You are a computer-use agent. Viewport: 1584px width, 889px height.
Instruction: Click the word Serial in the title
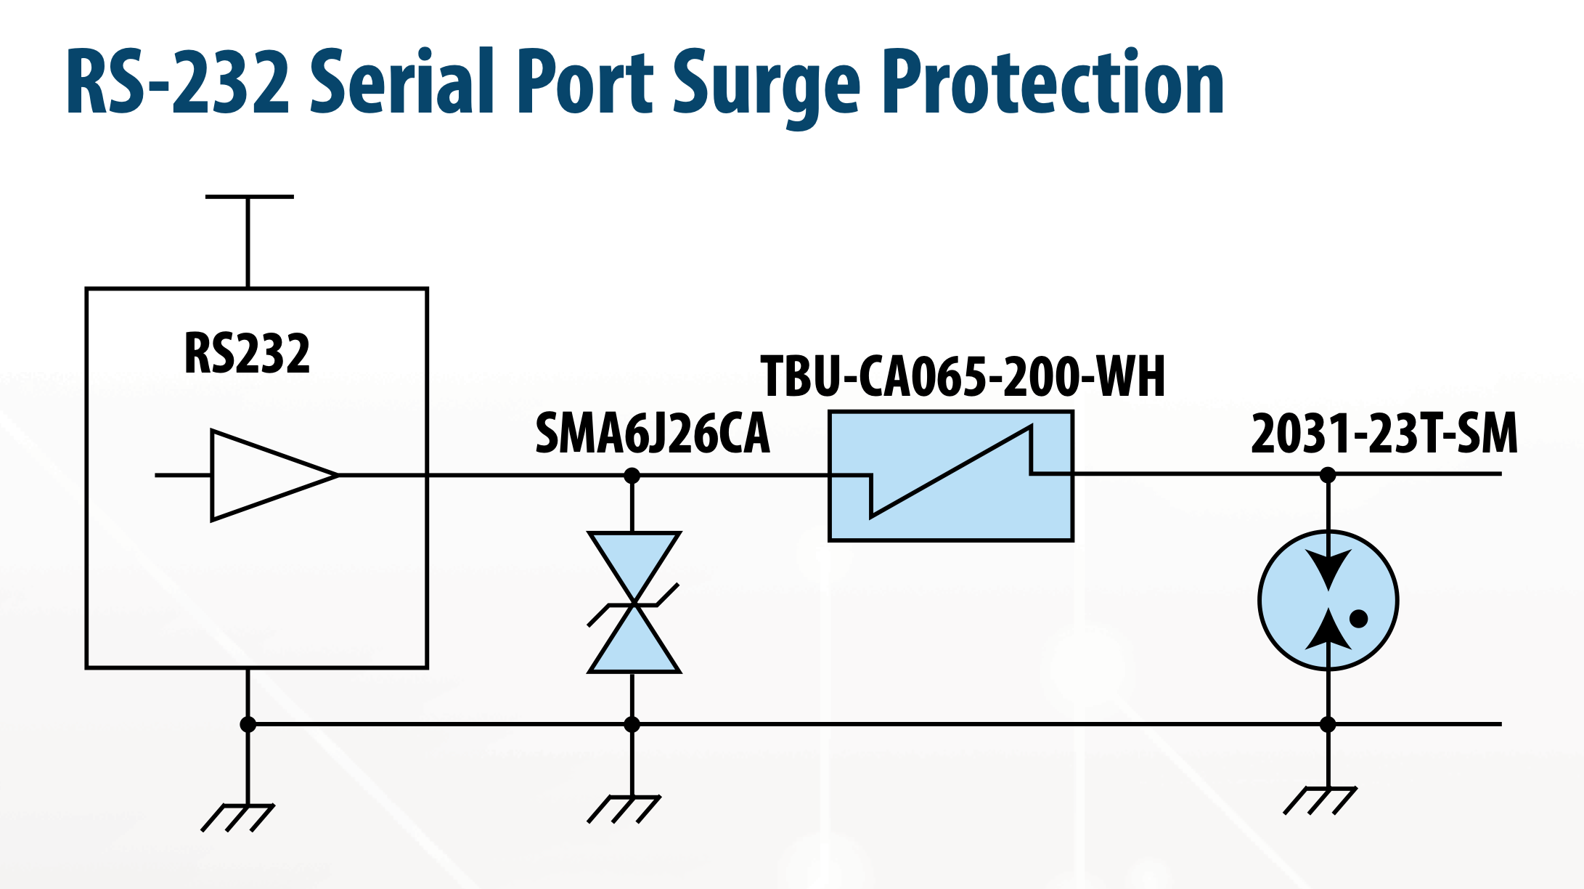[402, 81]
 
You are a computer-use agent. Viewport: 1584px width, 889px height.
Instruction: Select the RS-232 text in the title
[178, 81]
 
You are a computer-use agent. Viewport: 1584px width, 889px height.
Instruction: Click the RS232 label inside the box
[247, 354]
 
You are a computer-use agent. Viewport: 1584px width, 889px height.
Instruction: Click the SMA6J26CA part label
[652, 434]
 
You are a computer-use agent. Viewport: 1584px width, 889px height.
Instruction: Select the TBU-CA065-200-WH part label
[962, 377]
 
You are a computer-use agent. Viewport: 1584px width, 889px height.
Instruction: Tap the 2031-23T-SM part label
[1384, 434]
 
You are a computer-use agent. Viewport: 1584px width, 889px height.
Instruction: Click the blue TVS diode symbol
[634, 603]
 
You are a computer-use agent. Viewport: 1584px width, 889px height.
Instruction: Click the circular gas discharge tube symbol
[1328, 601]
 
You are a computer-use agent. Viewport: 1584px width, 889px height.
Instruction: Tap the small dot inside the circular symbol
[1358, 619]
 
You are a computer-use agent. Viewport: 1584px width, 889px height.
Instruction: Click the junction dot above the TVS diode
[632, 476]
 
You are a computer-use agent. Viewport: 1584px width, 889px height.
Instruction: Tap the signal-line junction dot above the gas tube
[1328, 475]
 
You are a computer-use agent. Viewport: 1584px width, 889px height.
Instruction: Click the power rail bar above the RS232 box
[249, 197]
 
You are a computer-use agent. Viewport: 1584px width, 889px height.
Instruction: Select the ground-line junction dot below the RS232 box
[248, 724]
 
